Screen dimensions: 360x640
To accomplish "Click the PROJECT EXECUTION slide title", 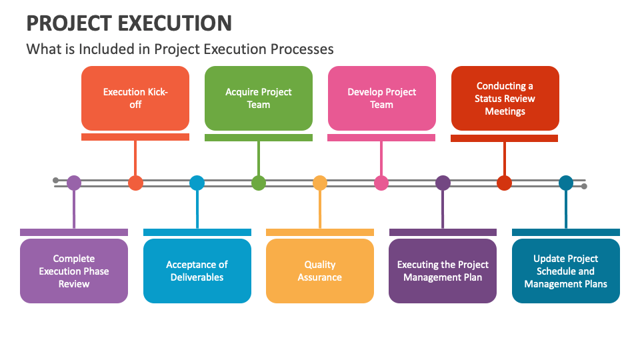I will [x=129, y=23].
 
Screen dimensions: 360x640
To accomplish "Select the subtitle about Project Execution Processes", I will [x=180, y=49].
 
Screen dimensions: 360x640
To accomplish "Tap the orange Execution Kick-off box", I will [x=135, y=99].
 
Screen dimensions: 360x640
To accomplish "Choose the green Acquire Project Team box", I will [x=259, y=99].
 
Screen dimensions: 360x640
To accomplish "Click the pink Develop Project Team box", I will [x=381, y=99].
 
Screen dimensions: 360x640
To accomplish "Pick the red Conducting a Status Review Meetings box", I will [x=505, y=99].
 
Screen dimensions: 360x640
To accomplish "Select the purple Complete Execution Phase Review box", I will [x=74, y=271].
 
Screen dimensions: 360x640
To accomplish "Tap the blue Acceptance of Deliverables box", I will [x=197, y=271].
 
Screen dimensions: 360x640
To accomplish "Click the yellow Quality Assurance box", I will [x=320, y=271].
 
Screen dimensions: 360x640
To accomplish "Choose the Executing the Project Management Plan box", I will [x=443, y=271].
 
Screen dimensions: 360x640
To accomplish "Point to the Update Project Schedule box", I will [x=566, y=271].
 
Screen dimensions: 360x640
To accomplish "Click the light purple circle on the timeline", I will [x=74, y=183].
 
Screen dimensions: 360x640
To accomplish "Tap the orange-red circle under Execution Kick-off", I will [x=135, y=183].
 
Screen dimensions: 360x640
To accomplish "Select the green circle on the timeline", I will [x=259, y=183].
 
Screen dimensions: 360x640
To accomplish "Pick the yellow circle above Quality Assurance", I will [x=320, y=183].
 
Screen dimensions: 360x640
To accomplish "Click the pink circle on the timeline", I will [x=381, y=183].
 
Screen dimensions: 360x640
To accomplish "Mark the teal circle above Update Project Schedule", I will [x=566, y=183].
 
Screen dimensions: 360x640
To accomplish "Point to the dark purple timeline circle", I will [x=443, y=183].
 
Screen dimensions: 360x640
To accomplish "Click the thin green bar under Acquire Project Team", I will [x=259, y=137].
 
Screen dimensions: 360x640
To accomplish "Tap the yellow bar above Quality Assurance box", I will [x=320, y=232].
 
